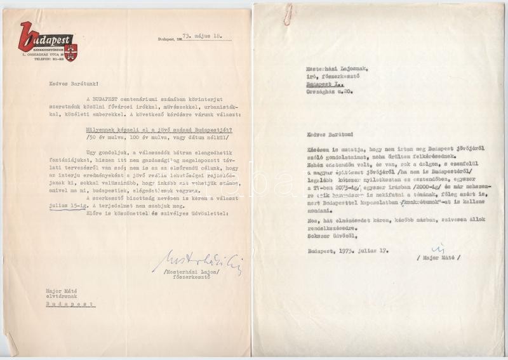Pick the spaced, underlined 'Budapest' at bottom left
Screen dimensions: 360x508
coord(70,304)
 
